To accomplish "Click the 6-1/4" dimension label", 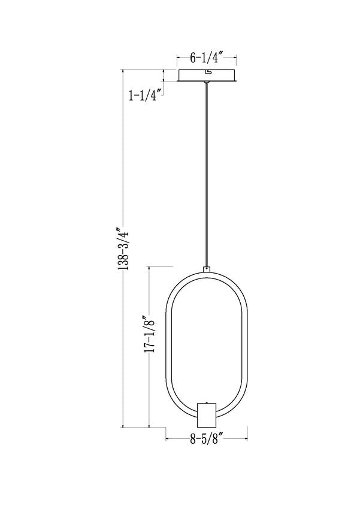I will (207, 58).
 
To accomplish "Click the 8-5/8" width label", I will (207, 439).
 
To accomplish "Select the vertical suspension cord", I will (207, 174).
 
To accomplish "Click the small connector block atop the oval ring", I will (207, 270).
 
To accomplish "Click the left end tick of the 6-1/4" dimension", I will (177, 59).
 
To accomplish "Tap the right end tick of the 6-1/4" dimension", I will (236, 59).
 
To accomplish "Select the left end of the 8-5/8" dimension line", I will (166, 439).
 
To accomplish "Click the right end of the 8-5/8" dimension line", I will (247, 439).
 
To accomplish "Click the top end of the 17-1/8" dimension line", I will (149, 266).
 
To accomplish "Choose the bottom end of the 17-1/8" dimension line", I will (149, 427).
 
